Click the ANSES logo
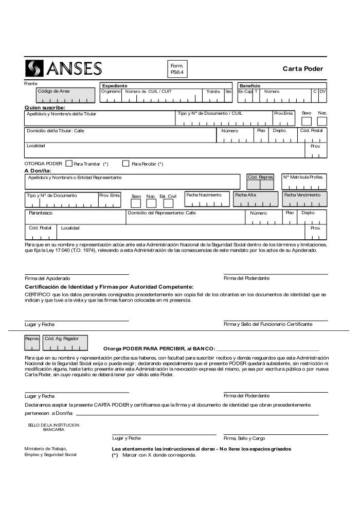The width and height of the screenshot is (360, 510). pyautogui.click(x=64, y=68)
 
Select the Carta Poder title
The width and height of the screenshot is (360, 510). pyautogui.click(x=302, y=69)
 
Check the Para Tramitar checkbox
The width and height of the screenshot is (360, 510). pyautogui.click(x=69, y=164)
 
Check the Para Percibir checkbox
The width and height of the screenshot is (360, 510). pyautogui.click(x=125, y=164)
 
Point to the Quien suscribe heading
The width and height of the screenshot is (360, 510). pyautogui.click(x=45, y=108)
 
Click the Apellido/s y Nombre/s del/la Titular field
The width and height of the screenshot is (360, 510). pyautogui.click(x=100, y=118)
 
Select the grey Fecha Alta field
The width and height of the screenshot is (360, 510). pyautogui.click(x=255, y=199)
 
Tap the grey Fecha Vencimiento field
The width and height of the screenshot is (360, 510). pyautogui.click(x=304, y=199)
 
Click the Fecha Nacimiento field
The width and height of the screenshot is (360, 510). pyautogui.click(x=207, y=199)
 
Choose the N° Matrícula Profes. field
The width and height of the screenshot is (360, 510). pyautogui.click(x=304, y=181)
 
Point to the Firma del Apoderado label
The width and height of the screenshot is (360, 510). pyautogui.click(x=48, y=278)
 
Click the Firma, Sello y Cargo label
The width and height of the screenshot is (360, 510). pyautogui.click(x=244, y=438)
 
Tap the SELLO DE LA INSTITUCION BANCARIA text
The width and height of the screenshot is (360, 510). pyautogui.click(x=53, y=427)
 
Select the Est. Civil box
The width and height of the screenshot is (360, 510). pyautogui.click(x=168, y=203)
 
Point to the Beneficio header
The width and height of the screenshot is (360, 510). pyautogui.click(x=249, y=85)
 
